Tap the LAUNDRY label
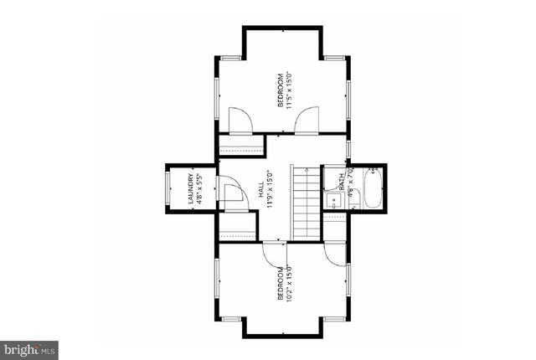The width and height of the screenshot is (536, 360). coord(191,189)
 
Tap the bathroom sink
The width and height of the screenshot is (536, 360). coord(333,200)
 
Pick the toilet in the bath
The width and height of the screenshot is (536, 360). coord(353,198)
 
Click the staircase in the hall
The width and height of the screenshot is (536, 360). coord(307,202)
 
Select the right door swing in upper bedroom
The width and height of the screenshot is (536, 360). coord(307,121)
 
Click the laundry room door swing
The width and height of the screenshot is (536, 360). coord(231,192)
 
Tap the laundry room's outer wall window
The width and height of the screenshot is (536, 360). coord(168,189)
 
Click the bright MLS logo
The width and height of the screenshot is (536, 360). coord(29,347)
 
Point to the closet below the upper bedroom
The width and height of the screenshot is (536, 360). coord(241,146)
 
